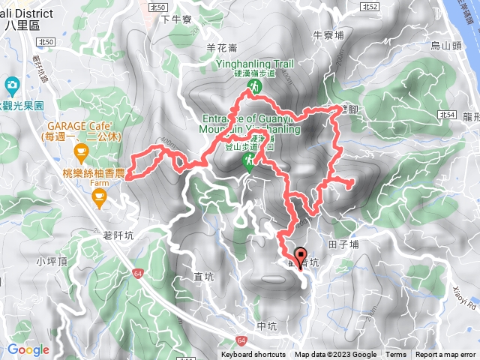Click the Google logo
point(28,349)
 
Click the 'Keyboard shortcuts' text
point(253,355)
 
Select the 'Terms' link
point(396,355)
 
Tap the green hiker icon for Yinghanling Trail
point(254,88)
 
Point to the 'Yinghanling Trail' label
point(255,64)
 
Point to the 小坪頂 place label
point(52,262)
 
